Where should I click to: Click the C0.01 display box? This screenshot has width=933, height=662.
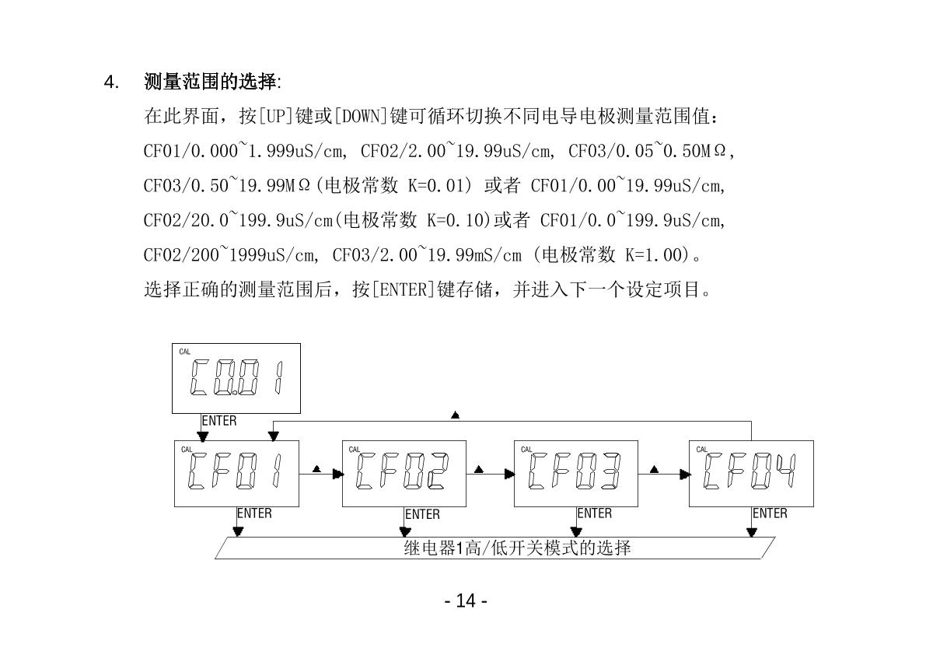click(x=236, y=378)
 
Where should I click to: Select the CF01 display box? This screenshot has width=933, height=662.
click(x=236, y=473)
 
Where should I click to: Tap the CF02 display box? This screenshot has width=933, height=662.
click(x=404, y=473)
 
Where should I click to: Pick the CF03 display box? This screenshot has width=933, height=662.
click(x=575, y=473)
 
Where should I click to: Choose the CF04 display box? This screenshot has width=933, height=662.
click(x=751, y=473)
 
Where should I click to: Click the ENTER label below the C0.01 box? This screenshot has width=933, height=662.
click(x=219, y=421)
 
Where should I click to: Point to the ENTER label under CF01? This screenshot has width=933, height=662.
click(x=255, y=513)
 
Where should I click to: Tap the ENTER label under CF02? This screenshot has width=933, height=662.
click(x=423, y=514)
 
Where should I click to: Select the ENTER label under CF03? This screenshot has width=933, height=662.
click(x=595, y=513)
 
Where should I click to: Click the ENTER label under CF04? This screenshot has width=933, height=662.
click(x=770, y=513)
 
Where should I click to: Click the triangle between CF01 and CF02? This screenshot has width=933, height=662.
click(x=316, y=469)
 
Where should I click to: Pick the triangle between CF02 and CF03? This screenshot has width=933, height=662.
click(x=478, y=469)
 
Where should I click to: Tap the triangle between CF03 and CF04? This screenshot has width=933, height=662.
click(x=654, y=469)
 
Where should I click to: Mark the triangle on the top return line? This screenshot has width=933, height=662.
click(x=455, y=415)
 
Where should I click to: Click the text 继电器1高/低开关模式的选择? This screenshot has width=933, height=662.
click(x=517, y=548)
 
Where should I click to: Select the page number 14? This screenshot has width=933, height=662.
click(x=466, y=601)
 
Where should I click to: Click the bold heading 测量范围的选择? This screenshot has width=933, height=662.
click(x=211, y=82)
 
